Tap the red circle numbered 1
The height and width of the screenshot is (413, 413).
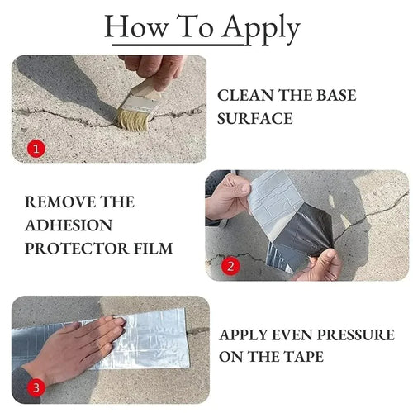(x=35, y=150)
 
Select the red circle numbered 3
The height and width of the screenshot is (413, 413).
(x=34, y=387)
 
